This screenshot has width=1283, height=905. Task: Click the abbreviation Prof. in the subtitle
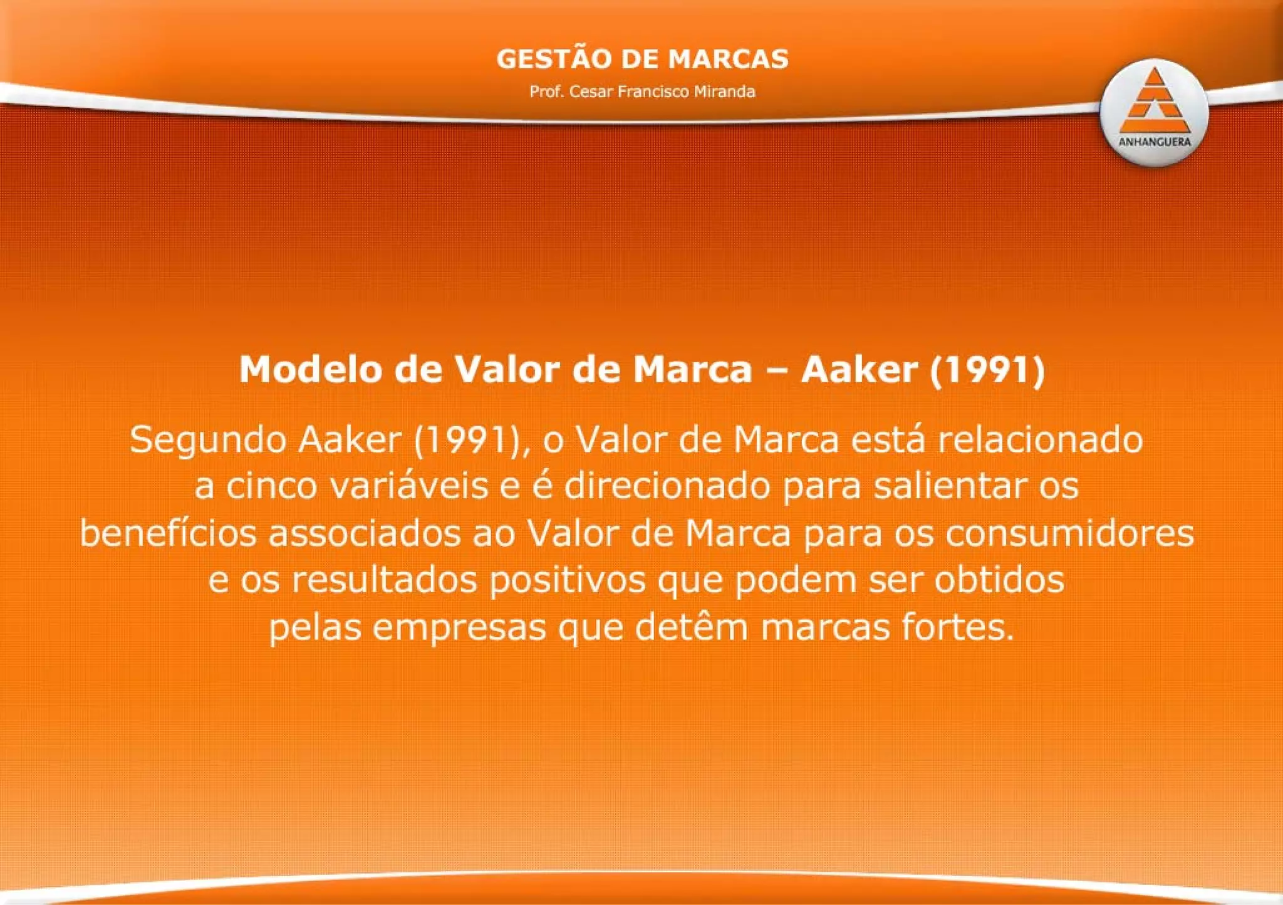(546, 92)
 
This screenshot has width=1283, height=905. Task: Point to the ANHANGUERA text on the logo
(1154, 142)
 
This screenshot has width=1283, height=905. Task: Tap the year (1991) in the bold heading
(987, 369)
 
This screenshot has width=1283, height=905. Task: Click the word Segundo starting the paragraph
(208, 440)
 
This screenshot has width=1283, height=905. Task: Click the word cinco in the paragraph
(271, 486)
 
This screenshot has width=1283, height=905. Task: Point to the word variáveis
(409, 486)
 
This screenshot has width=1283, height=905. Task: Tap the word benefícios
(169, 533)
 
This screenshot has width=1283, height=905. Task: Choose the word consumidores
(1070, 533)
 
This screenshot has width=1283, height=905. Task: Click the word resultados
(384, 580)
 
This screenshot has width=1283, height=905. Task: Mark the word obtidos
(999, 580)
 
